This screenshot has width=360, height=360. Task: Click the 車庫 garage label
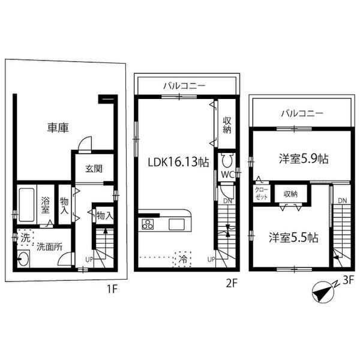pyautogui.click(x=58, y=127)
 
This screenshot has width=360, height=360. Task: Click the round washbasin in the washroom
pyautogui.click(x=25, y=260)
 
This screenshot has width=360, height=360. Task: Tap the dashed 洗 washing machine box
pyautogui.click(x=25, y=236)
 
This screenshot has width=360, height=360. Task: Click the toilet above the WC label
pyautogui.click(x=227, y=161)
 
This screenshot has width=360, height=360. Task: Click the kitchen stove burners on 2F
pyautogui.click(x=147, y=225)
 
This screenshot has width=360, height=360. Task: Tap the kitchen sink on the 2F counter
pyautogui.click(x=178, y=224)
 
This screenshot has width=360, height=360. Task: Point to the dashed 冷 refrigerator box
pyautogui.click(x=182, y=260)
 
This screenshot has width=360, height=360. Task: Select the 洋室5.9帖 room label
pyautogui.click(x=303, y=159)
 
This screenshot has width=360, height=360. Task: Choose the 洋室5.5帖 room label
pyautogui.click(x=293, y=237)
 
